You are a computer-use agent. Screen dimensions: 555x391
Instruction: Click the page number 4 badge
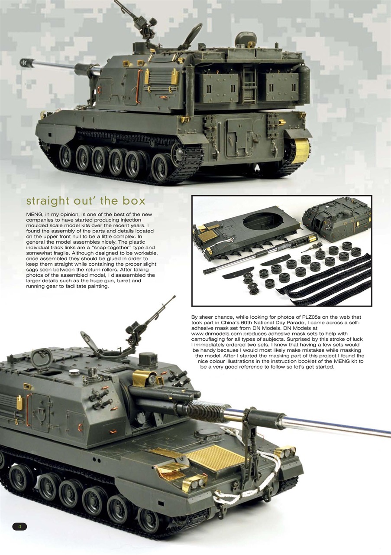pyautogui.click(x=19, y=526)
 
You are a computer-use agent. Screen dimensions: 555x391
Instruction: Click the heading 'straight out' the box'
pyautogui.click(x=86, y=201)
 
